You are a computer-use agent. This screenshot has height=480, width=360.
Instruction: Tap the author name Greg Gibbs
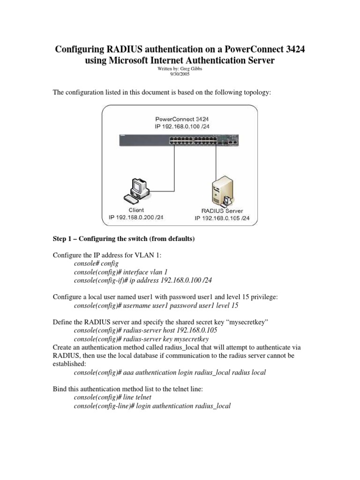tap(189, 68)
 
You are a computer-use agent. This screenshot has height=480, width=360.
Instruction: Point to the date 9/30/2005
tap(180, 74)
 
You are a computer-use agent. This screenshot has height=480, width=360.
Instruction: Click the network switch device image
tap(180, 139)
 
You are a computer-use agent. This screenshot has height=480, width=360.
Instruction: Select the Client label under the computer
tap(136, 210)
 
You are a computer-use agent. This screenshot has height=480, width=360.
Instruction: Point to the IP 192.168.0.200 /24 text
tap(136, 217)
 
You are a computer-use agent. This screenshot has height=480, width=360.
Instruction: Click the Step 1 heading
tap(123, 239)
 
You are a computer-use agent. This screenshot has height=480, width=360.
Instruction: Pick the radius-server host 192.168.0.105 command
tap(146, 330)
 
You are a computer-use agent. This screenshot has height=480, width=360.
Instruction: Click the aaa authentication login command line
tap(170, 373)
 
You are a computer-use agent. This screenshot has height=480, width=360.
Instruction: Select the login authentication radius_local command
tap(152, 406)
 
